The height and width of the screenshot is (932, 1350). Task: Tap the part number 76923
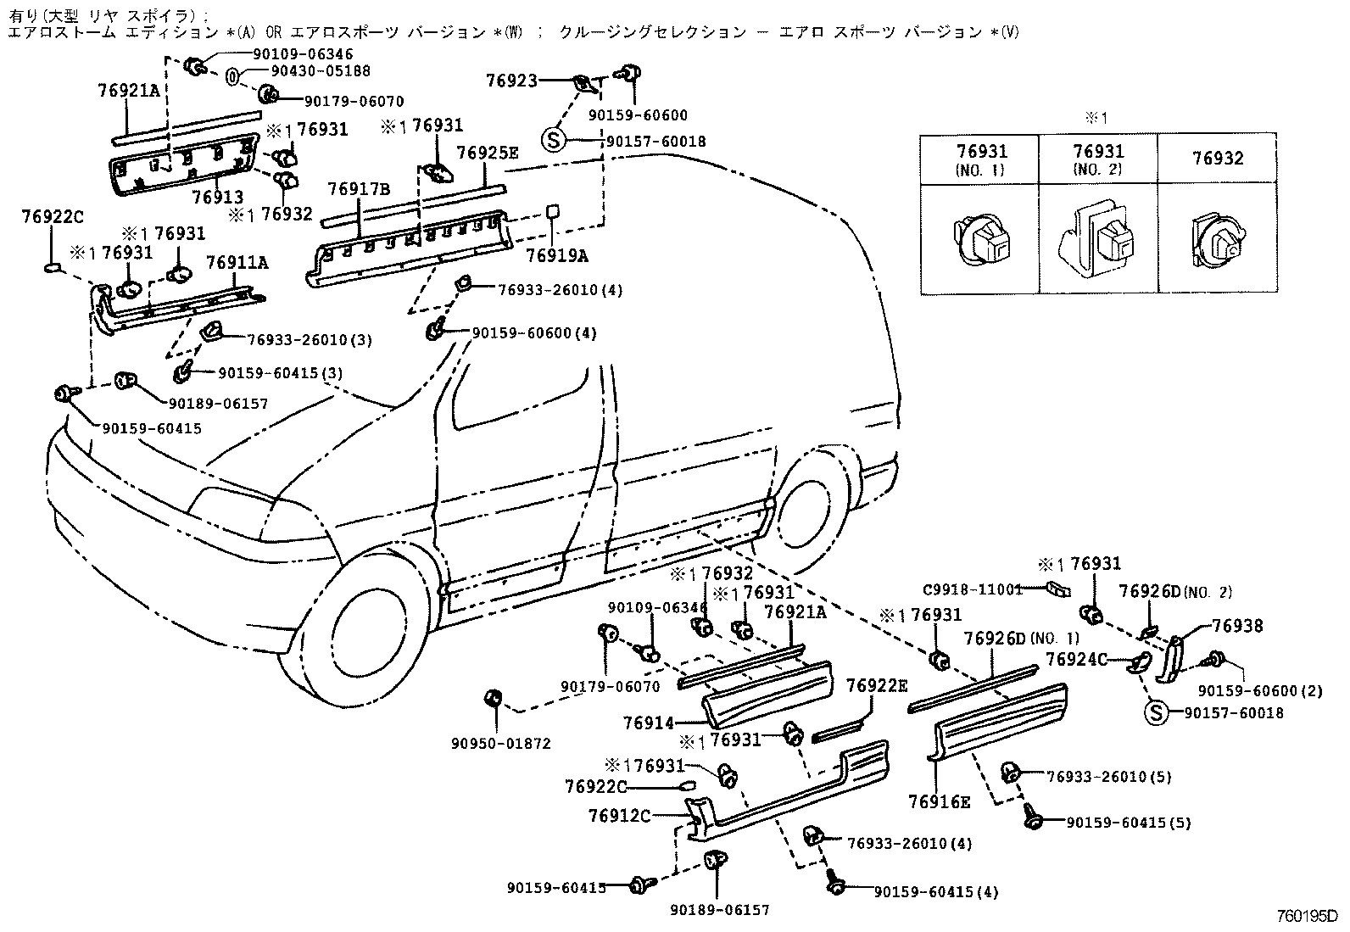(511, 81)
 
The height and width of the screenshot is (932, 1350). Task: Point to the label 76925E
(487, 153)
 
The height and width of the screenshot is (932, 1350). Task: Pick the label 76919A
(556, 255)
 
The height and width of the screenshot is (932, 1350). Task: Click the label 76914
(649, 723)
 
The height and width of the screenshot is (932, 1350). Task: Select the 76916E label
(938, 801)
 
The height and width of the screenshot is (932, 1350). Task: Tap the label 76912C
(619, 817)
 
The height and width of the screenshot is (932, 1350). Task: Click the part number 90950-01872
(513, 744)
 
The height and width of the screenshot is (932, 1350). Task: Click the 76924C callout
(1076, 659)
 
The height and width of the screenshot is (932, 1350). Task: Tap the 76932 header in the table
(1217, 158)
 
